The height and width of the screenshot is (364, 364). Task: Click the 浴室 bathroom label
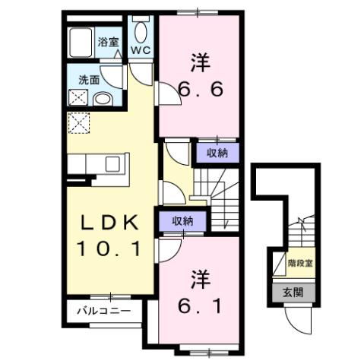pos(108,43)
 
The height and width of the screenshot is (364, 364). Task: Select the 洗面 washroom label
pos(89,79)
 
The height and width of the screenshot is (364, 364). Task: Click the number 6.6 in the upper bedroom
pos(201,90)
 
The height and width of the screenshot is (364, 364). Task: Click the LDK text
pos(110,223)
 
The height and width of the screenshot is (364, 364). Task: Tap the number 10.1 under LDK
pos(109,248)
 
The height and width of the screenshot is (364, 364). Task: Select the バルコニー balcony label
pos(108,312)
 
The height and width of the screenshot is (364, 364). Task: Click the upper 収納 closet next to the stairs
pos(217,152)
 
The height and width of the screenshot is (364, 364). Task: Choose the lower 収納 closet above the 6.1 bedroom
pos(181,221)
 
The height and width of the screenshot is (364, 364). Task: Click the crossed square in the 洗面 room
pos(78,98)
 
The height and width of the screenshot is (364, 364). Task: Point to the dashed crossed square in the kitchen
pos(78,122)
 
